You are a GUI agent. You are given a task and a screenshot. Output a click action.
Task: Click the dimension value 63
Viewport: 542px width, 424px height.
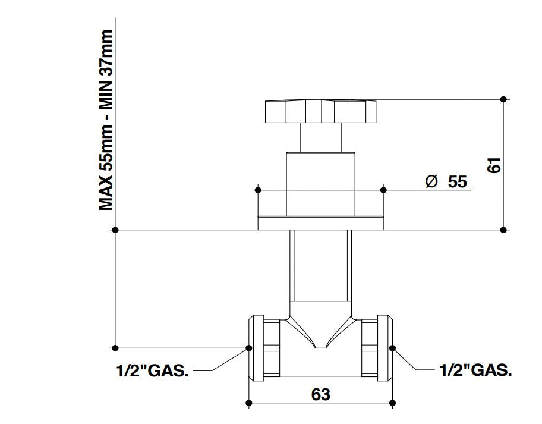pos(320,394)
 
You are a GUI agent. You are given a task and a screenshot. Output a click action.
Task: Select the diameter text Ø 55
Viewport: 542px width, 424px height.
pos(446,181)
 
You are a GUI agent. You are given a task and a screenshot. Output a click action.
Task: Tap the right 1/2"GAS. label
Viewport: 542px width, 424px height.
pos(475,370)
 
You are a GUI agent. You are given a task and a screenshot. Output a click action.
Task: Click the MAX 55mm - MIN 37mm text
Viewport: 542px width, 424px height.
pos(107,120)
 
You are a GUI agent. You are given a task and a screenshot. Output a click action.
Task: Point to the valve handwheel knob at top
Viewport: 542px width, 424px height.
pos(321,112)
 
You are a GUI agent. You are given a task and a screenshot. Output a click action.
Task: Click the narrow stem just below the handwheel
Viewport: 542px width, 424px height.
pos(321,138)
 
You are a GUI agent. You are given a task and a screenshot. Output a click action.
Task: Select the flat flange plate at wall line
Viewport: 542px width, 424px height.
pos(321,224)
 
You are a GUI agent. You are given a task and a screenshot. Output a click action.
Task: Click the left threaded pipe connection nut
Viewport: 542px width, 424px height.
pos(264,347)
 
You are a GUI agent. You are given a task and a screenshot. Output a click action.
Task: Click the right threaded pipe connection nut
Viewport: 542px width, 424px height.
pos(377,347)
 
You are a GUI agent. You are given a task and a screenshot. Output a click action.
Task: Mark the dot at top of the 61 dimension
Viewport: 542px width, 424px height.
pos(504,99)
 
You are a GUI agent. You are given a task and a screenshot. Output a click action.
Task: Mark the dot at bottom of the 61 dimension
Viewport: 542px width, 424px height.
pos(504,230)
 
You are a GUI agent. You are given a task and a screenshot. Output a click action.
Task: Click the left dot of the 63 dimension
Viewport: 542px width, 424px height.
pos(249,404)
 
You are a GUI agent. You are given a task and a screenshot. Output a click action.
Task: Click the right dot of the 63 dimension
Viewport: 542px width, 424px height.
pos(392,404)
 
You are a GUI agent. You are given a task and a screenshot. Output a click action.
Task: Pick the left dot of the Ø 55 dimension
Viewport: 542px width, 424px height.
pos(257,190)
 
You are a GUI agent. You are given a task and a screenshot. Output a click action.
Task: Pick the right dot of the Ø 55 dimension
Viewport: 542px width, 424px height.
pos(383,190)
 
